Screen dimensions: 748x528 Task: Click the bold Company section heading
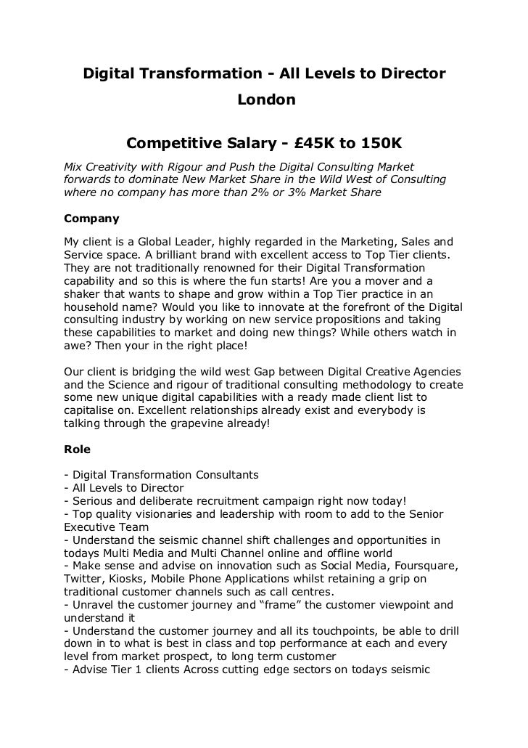click(x=92, y=218)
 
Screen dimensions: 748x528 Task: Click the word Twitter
click(x=83, y=579)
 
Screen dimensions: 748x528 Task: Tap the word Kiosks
click(x=129, y=579)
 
